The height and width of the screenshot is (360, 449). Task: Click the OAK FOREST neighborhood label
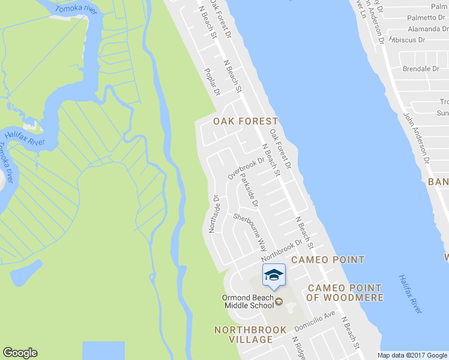pos(246,121)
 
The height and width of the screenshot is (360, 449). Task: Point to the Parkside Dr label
pos(249,191)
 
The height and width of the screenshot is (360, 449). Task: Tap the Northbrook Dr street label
pos(280,247)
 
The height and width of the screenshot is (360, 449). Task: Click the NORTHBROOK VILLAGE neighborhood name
pos(244,335)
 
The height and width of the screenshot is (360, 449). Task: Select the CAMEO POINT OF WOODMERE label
pos(345,293)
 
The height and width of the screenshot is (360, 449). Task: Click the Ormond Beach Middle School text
pos(249,301)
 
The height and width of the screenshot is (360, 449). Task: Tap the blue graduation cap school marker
pos(274,275)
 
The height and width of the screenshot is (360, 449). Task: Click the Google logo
pos(20,353)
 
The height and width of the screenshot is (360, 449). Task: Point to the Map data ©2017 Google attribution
pos(412,355)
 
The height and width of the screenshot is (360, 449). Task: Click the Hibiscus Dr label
pos(408,40)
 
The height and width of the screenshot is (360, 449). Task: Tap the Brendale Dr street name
pos(421,69)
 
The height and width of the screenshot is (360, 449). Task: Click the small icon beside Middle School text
pos(279,302)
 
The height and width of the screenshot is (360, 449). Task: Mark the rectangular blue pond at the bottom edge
pos(103,350)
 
